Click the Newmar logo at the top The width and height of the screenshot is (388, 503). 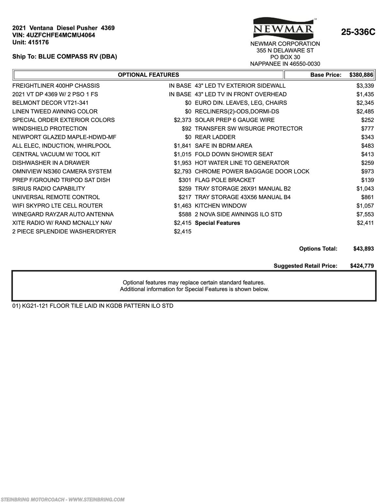pyautogui.click(x=283, y=28)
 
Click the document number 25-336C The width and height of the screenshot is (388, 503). pyautogui.click(x=358, y=32)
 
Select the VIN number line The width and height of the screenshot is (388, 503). pyautogui.click(x=54, y=35)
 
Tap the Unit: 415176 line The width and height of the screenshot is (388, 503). pyautogui.click(x=30, y=42)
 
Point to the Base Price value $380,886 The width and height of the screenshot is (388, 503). pyautogui.click(x=361, y=75)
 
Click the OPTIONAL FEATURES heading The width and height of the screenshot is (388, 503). pyautogui.click(x=148, y=75)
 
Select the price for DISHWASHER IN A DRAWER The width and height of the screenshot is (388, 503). pyautogui.click(x=182, y=163)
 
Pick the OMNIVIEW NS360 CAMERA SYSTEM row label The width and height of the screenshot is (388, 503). pyautogui.click(x=62, y=171)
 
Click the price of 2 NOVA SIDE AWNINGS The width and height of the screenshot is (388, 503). pyautogui.click(x=365, y=214)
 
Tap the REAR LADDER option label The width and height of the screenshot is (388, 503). pyautogui.click(x=215, y=137)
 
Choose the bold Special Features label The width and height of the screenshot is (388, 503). pyautogui.click(x=217, y=223)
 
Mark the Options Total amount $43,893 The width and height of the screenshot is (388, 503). pyautogui.click(x=363, y=249)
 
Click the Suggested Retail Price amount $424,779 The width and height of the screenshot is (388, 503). pyautogui.click(x=362, y=266)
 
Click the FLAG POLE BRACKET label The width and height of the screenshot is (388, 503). pyautogui.click(x=225, y=180)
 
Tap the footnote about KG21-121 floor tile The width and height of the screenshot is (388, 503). pyautogui.click(x=93, y=306)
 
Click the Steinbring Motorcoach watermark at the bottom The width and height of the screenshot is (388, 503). pyautogui.click(x=62, y=499)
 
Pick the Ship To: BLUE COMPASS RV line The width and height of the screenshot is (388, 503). pyautogui.click(x=65, y=56)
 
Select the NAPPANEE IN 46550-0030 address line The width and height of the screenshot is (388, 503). pyautogui.click(x=285, y=64)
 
